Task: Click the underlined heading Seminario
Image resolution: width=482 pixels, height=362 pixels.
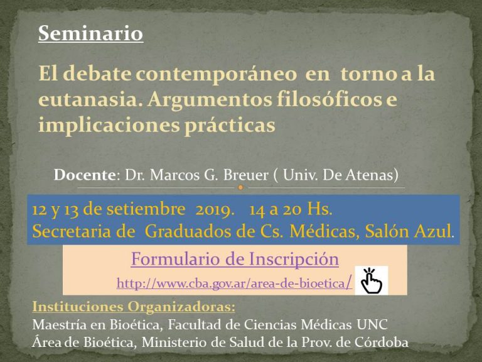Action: point(90,33)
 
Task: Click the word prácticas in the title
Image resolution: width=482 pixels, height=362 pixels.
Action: point(230,126)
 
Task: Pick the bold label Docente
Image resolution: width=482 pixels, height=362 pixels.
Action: point(85,175)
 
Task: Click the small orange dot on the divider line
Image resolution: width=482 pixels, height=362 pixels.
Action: point(241,187)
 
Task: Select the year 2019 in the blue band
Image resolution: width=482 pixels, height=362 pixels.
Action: point(212,210)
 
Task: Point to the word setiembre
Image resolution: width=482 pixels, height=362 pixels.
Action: point(146,209)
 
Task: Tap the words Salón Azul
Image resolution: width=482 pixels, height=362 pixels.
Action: point(409,231)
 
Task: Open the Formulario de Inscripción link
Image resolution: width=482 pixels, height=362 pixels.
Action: point(235,259)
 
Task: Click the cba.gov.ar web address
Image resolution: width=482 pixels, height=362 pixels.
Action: point(234,283)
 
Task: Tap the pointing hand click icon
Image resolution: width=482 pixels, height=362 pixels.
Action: point(371,280)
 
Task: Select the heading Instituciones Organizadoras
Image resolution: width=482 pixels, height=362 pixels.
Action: point(134,307)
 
